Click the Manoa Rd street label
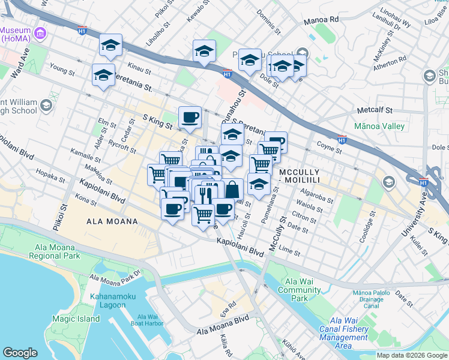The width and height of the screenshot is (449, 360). tap(321, 19)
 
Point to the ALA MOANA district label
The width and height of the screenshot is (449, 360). tap(112, 221)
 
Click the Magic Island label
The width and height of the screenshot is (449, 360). tap(76, 319)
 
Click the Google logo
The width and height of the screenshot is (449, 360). tap(20, 353)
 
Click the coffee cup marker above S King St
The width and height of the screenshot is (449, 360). tap(190, 117)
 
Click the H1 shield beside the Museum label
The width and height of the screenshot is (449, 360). tap(82, 30)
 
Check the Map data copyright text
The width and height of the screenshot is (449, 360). tap(411, 355)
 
